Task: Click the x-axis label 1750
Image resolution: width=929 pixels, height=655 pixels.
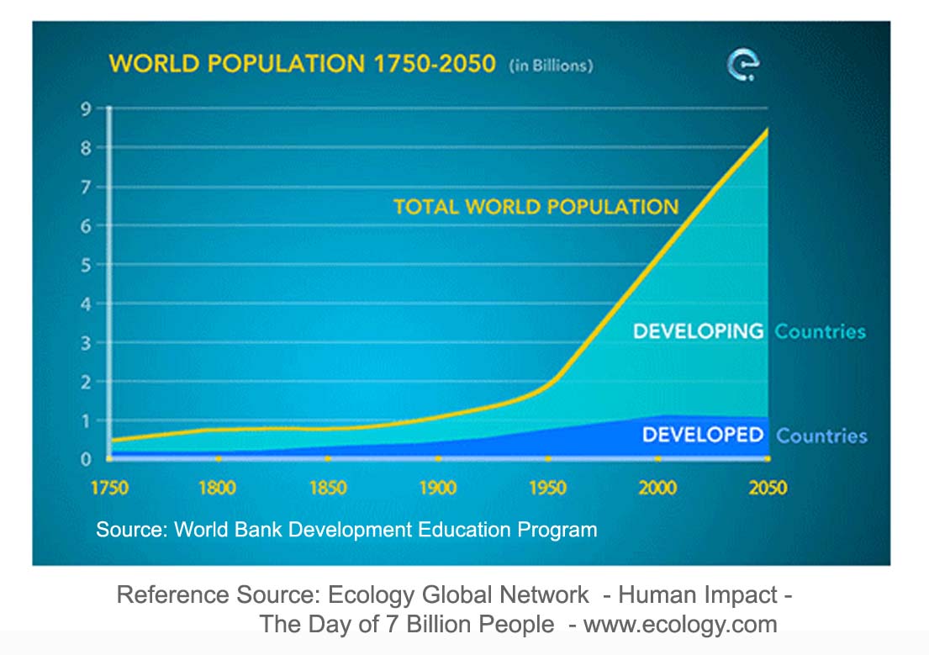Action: coord(109,489)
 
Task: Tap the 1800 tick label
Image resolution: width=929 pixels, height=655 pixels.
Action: coord(218,489)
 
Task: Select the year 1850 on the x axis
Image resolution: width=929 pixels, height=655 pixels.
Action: coord(328,489)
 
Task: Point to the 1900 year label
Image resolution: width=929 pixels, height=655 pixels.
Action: coord(438,489)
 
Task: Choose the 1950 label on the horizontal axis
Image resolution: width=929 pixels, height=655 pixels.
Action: coord(547,489)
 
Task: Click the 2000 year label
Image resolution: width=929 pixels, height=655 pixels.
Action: coord(657,489)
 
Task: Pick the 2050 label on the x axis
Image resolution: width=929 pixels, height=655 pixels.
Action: coord(768,489)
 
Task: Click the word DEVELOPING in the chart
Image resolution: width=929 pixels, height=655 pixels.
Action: coord(698,331)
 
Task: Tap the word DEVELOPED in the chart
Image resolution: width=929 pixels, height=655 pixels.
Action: coord(703,435)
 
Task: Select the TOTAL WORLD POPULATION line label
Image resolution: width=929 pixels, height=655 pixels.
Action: coord(536,207)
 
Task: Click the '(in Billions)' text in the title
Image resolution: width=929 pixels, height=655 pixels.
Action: coord(551,66)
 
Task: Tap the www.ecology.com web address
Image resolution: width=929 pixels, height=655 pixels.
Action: coord(680,625)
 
